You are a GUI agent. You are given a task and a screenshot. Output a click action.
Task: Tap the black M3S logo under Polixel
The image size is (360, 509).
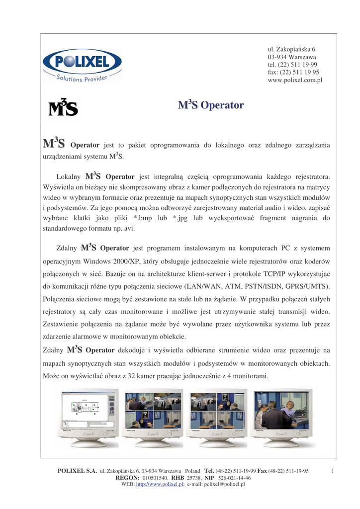click(x=63, y=107)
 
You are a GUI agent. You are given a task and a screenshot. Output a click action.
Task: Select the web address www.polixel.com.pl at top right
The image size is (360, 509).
click(x=295, y=80)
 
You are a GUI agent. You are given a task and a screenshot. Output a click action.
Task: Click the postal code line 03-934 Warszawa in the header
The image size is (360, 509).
click(x=292, y=57)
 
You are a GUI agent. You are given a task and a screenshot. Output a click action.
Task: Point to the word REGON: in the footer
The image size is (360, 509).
click(x=127, y=478)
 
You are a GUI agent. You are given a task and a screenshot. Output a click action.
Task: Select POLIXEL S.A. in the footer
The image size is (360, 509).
click(x=77, y=471)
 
